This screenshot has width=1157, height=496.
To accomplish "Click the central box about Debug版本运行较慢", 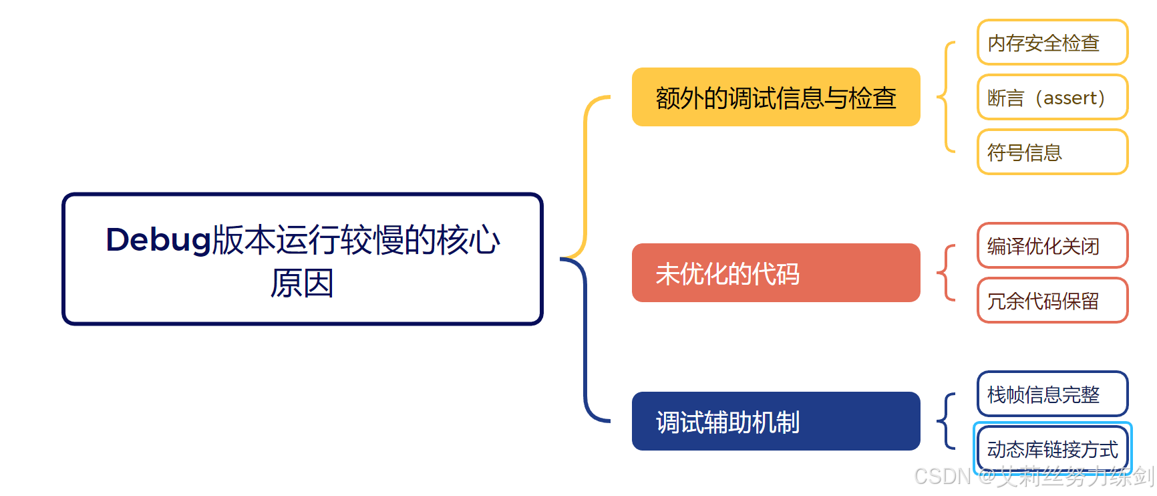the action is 302,259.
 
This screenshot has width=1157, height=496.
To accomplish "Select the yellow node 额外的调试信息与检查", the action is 776,97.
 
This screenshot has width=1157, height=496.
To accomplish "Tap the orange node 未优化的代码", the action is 776,273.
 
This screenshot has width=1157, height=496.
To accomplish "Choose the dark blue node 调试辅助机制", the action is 776,421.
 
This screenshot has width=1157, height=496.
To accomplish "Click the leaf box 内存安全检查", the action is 1052,43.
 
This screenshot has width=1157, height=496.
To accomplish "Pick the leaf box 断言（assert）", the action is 1052,98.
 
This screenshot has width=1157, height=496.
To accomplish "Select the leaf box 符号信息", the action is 1052,152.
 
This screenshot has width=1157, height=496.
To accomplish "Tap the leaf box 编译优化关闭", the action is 1052,246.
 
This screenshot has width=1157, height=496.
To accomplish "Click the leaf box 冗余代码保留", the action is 1052,301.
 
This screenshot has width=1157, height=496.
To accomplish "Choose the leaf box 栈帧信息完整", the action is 1052,394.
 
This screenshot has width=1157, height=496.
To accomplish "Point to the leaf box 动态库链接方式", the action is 1052,449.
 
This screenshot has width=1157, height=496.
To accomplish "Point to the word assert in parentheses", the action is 1070,98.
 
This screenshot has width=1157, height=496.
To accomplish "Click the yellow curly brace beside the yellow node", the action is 945,98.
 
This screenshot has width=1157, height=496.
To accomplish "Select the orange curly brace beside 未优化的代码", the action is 945,273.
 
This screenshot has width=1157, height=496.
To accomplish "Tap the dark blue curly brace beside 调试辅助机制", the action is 945,421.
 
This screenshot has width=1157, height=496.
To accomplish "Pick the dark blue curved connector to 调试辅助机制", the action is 586,341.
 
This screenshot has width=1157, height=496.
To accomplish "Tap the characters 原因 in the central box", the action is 302,283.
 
